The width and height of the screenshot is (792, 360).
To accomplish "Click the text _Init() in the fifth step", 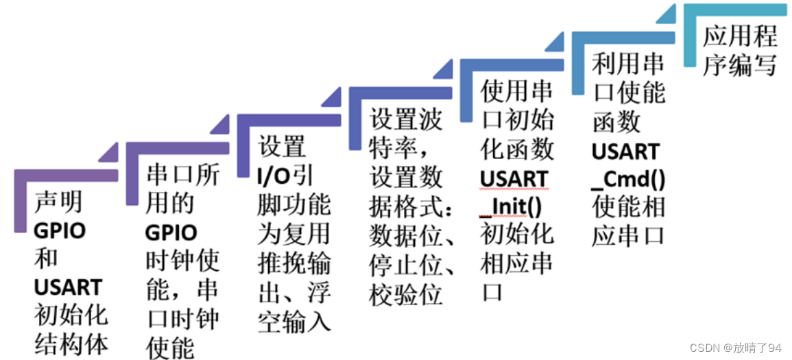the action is (x=510, y=207).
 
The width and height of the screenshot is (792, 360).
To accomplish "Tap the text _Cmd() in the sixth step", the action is (x=627, y=180).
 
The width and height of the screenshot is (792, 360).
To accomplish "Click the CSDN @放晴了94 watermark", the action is (x=735, y=348).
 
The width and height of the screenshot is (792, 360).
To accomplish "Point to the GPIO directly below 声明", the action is (x=59, y=231).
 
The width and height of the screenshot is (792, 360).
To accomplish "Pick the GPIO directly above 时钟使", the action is (x=171, y=232).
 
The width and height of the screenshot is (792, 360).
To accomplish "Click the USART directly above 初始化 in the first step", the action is (x=68, y=287).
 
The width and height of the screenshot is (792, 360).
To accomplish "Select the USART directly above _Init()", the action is (x=514, y=179).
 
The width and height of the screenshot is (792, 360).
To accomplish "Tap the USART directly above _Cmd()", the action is (x=626, y=152).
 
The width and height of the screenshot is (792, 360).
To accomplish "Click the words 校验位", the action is (x=405, y=295).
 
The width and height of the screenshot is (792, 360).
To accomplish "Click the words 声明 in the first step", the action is (x=58, y=203).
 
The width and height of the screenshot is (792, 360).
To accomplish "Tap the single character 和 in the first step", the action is (x=45, y=259).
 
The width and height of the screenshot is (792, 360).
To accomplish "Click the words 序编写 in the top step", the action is (x=739, y=66).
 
